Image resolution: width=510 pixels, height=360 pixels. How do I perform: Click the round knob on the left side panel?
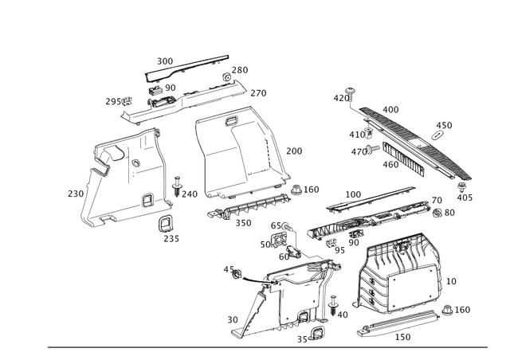click(x=146, y=198)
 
